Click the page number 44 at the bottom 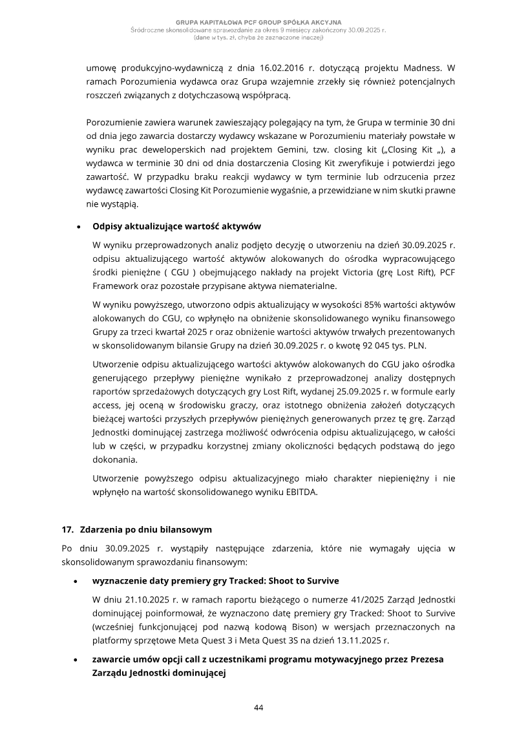[258, 707]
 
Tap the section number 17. [68, 530]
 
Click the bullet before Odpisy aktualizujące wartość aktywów [78, 227]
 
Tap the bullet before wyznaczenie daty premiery [78, 581]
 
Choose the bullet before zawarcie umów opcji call [78, 659]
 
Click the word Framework [119, 286]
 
